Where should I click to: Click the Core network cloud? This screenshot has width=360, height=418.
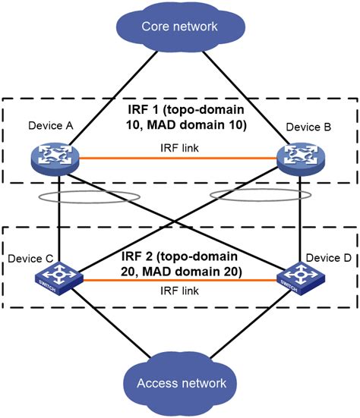[179, 27]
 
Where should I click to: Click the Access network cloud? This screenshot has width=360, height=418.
[179, 384]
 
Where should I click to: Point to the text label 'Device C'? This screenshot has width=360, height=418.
[30, 259]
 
